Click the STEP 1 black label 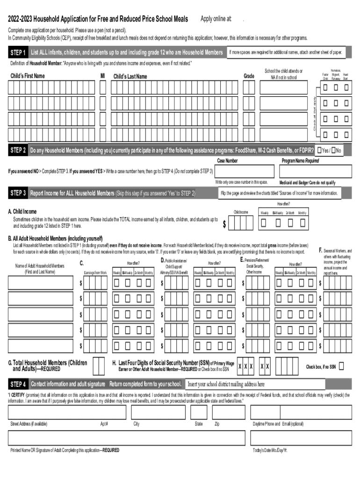[18, 52]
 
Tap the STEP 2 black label [18, 151]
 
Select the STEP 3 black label [18, 193]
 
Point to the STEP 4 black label [18, 385]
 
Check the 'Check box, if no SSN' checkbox [341, 366]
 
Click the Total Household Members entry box [99, 366]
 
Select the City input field [158, 412]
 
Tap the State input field [199, 412]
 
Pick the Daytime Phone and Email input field [301, 412]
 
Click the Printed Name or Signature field [126, 438]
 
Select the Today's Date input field [301, 438]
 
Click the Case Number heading [227, 161]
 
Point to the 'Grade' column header [249, 76]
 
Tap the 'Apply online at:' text [216, 19]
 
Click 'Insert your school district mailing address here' [226, 385]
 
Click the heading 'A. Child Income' [22, 211]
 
